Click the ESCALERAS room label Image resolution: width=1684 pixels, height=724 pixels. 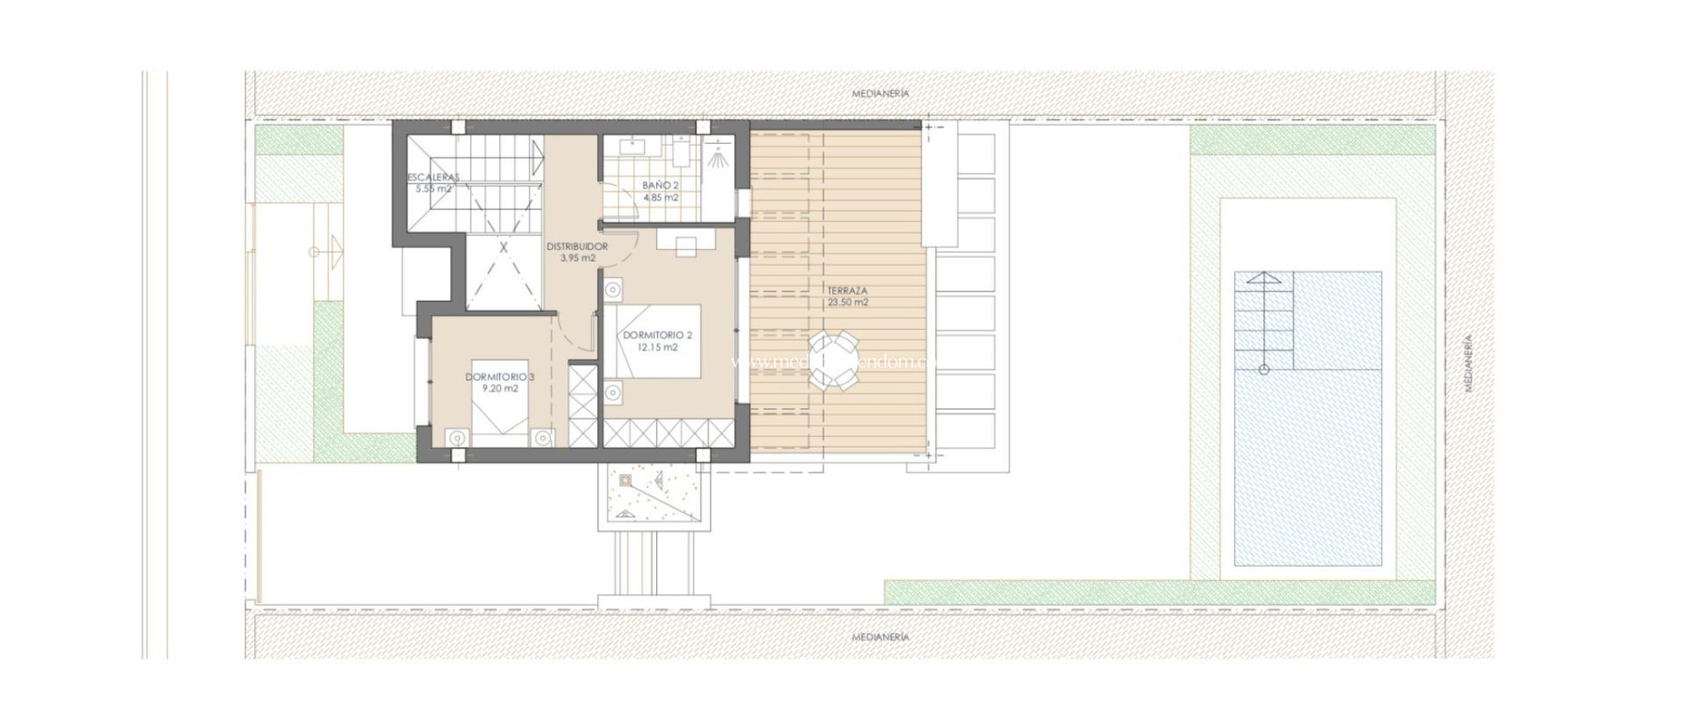click(x=433, y=177)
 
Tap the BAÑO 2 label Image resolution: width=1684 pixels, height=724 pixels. click(x=660, y=186)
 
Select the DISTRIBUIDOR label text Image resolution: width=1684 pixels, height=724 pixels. click(x=577, y=247)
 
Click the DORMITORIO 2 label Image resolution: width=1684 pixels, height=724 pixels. click(x=657, y=336)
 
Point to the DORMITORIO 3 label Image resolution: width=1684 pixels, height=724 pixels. click(x=499, y=378)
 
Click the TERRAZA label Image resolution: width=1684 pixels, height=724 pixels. click(x=848, y=291)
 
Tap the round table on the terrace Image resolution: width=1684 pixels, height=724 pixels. click(x=833, y=360)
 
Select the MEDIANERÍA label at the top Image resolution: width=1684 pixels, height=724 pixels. click(x=881, y=94)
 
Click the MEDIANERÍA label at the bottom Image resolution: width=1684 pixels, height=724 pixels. click(x=881, y=637)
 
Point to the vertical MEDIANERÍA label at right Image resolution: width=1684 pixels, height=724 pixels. click(x=1469, y=362)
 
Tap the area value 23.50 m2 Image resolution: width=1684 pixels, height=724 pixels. click(x=848, y=303)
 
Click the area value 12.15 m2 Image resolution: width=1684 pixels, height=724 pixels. click(x=657, y=347)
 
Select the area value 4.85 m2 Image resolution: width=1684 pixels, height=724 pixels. click(x=660, y=197)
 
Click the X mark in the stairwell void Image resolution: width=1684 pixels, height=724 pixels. click(x=503, y=246)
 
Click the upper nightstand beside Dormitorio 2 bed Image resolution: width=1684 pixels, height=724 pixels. click(x=612, y=290)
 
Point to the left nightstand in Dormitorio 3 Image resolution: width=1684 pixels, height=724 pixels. click(x=456, y=438)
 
